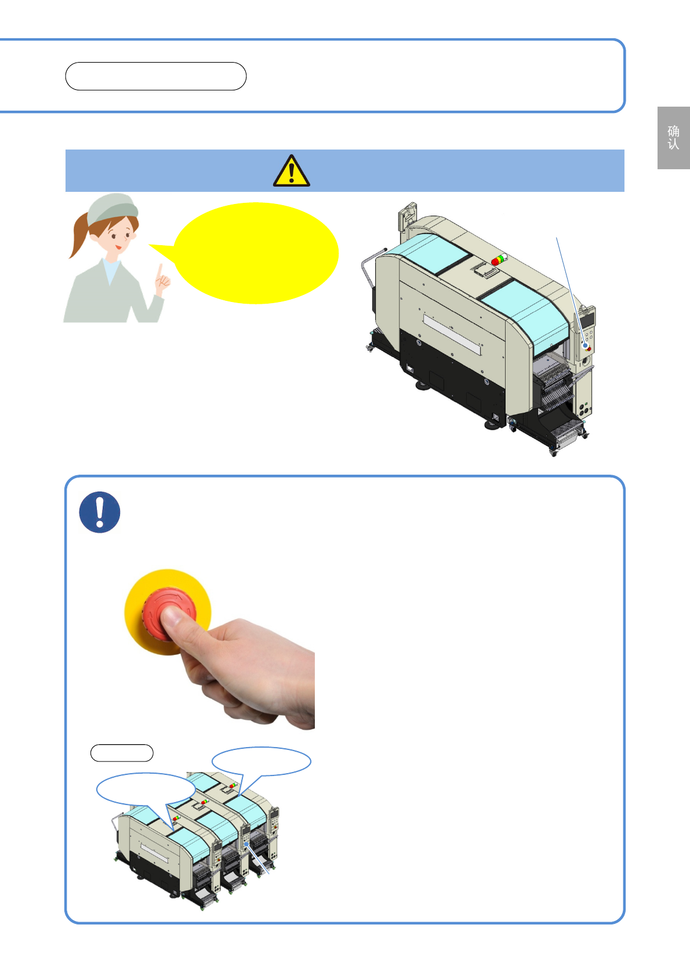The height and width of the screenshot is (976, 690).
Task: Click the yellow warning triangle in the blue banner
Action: coord(292,171)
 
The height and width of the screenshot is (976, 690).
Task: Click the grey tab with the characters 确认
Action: coord(673,138)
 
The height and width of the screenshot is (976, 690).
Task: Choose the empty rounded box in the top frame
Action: coord(155,77)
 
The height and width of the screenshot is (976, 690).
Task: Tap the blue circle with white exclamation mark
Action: coord(100,512)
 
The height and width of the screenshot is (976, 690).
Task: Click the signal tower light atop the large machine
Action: coord(499,260)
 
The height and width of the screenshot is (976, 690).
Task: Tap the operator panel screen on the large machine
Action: coord(587,319)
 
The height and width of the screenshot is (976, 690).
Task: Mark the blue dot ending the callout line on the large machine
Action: coord(586,345)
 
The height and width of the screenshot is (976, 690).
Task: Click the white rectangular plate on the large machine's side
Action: coord(452,334)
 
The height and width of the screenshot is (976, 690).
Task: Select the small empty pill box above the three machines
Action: coord(122,753)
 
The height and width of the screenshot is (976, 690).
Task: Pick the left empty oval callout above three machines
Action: coord(146,789)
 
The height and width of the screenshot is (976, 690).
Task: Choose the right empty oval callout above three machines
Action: coord(261,762)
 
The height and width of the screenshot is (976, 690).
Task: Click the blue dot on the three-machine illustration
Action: coord(246,844)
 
